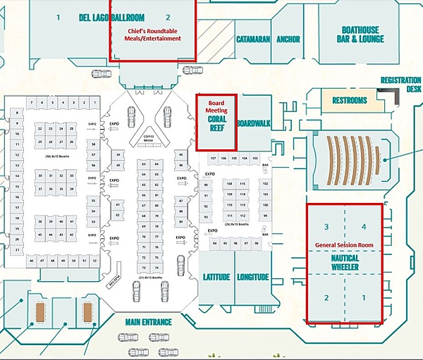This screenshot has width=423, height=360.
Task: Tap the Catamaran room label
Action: [253, 39]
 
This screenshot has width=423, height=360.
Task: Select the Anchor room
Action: [288, 39]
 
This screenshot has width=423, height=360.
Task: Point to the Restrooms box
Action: [350, 101]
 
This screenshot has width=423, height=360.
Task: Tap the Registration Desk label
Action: [400, 85]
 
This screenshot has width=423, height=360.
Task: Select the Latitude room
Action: [216, 277]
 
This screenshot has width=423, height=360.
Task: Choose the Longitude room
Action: [252, 277]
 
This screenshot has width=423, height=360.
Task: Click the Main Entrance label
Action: [148, 323]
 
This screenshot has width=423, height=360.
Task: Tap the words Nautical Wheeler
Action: [345, 263]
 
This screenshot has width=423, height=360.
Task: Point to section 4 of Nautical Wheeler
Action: [364, 227]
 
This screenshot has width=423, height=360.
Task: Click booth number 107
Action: [213, 159]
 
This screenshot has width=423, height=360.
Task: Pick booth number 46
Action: [32, 261]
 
